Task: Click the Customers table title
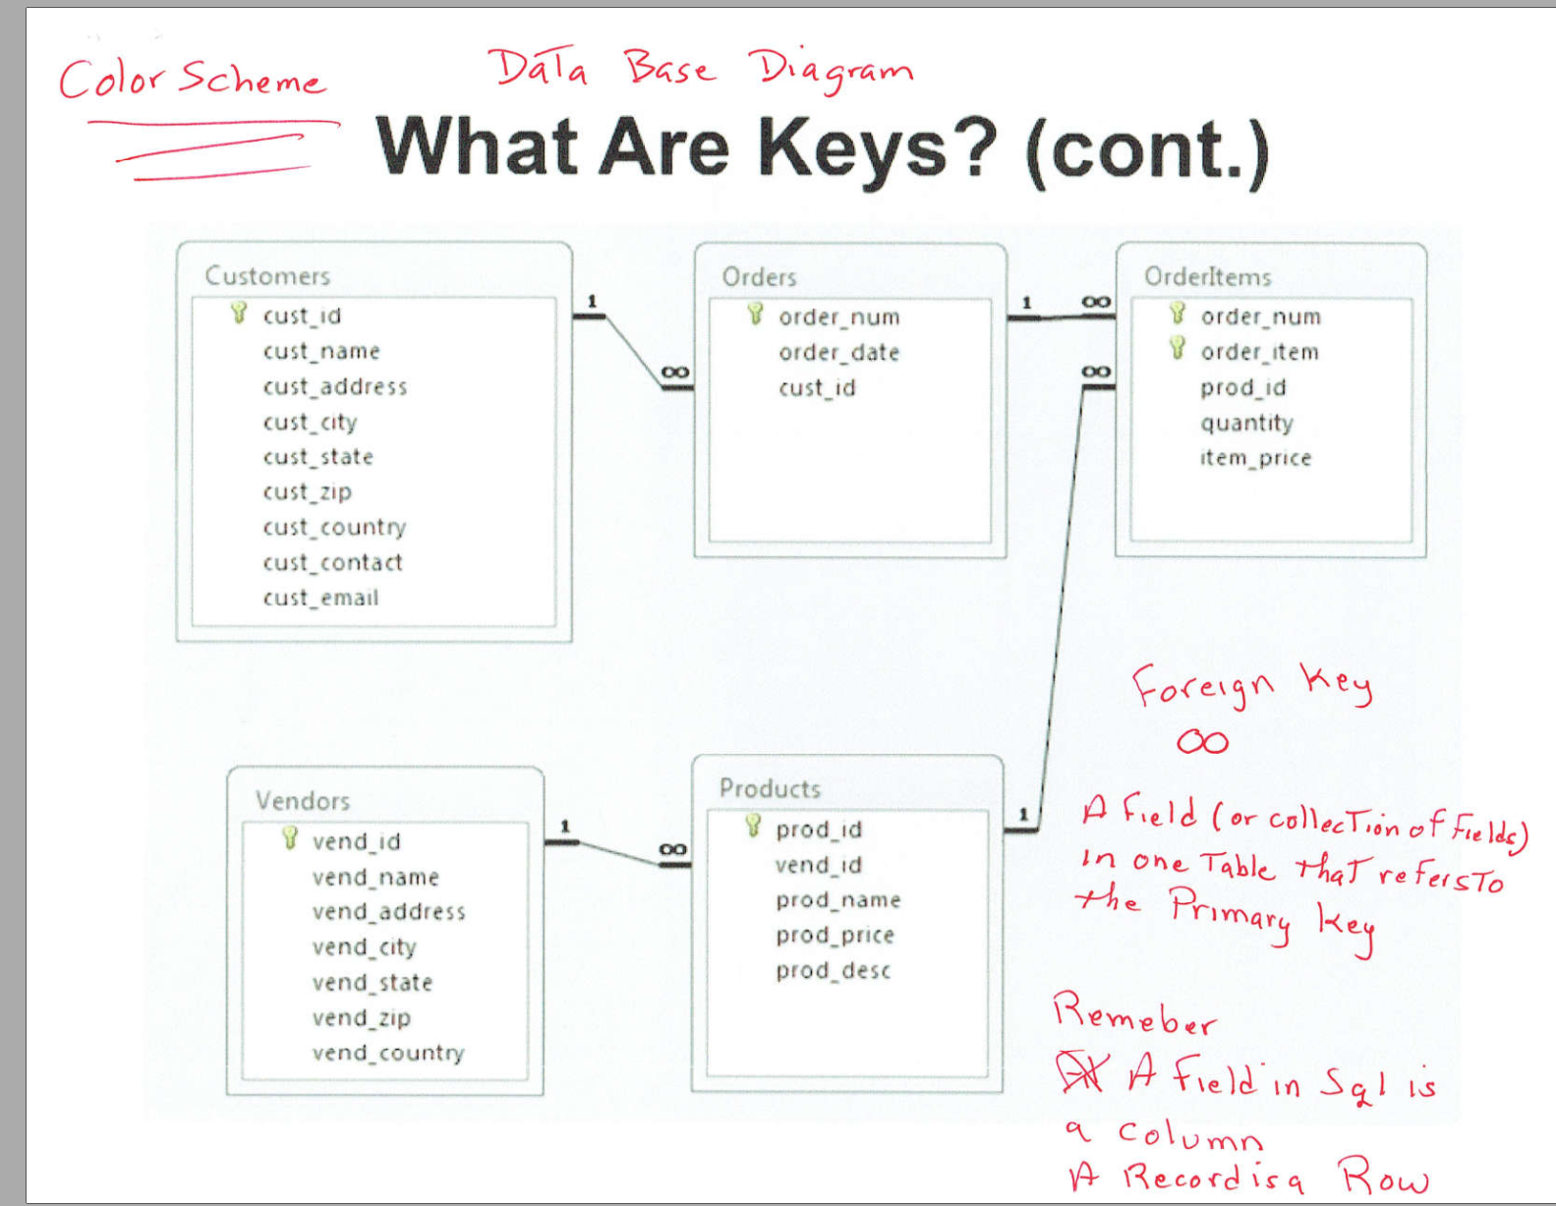[x=267, y=275]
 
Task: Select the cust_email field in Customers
[x=320, y=597]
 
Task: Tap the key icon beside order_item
[x=1178, y=349]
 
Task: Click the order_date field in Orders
[x=838, y=352]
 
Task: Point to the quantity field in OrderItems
[x=1246, y=423]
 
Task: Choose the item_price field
[x=1255, y=458]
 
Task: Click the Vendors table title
[x=303, y=800]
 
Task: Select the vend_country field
[x=388, y=1053]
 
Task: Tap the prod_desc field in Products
[x=834, y=970]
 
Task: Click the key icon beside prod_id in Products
[x=753, y=826]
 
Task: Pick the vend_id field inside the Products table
[x=819, y=865]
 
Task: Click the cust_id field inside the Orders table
[x=817, y=387]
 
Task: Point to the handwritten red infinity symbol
[x=1202, y=742]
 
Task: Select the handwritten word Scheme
[x=252, y=78]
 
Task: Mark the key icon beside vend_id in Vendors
[x=289, y=838]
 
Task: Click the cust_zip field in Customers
[x=308, y=491]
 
